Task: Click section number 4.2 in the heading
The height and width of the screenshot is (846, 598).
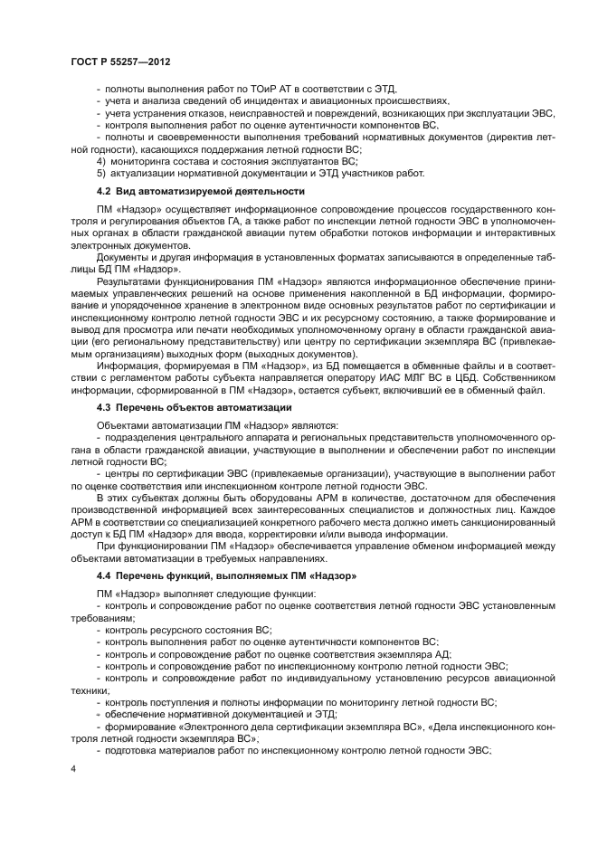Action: click(x=102, y=191)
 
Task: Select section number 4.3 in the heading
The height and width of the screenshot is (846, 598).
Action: click(x=102, y=409)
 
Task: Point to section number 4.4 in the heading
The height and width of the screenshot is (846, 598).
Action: click(x=102, y=575)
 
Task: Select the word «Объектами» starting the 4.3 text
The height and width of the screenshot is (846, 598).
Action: click(x=125, y=424)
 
